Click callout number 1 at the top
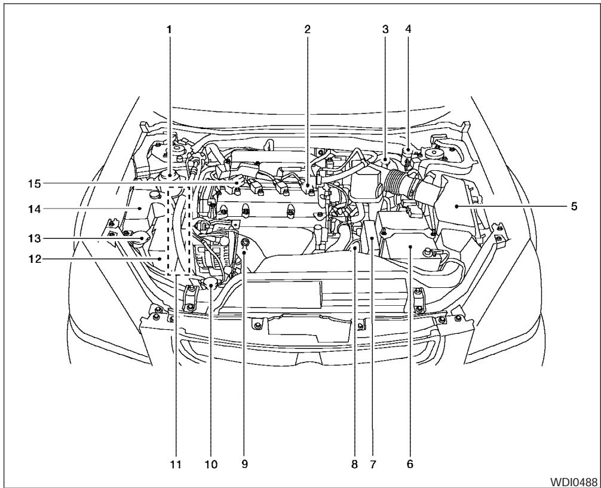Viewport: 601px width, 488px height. [169, 29]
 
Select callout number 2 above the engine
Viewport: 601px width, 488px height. [306, 29]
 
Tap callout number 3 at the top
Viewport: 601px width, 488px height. [386, 29]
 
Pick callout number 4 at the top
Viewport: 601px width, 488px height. [409, 29]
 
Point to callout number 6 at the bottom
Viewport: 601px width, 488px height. [410, 464]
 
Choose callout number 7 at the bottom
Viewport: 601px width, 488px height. [372, 464]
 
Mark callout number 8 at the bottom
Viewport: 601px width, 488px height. [355, 464]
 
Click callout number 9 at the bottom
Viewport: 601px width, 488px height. [244, 464]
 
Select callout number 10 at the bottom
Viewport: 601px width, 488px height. [209, 464]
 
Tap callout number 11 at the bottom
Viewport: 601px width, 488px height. [176, 464]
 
